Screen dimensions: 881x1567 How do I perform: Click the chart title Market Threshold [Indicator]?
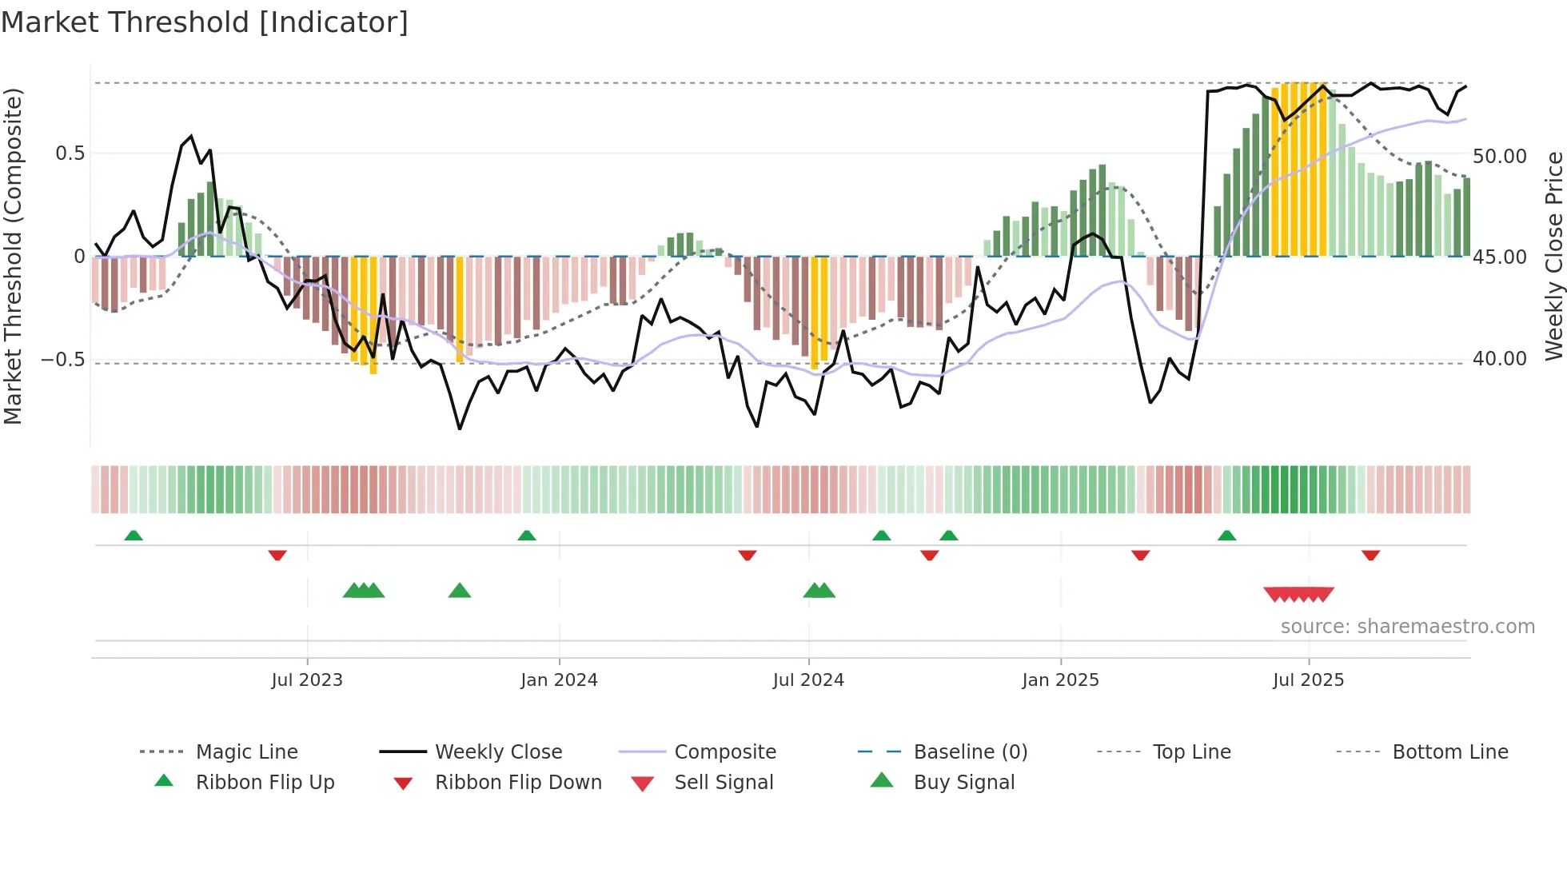pyautogui.click(x=205, y=22)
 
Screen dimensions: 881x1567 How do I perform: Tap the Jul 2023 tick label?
pyautogui.click(x=307, y=680)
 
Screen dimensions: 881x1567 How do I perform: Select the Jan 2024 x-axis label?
pyautogui.click(x=559, y=680)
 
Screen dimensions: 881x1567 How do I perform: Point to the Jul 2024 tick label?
pyautogui.click(x=808, y=680)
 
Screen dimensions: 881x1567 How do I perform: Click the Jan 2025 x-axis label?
pyautogui.click(x=1060, y=680)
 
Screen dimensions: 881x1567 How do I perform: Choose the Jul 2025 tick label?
pyautogui.click(x=1308, y=680)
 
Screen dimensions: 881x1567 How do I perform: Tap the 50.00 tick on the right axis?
pyautogui.click(x=1499, y=157)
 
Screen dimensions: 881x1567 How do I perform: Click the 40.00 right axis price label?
pyautogui.click(x=1499, y=359)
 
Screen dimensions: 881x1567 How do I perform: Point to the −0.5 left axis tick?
pyautogui.click(x=63, y=360)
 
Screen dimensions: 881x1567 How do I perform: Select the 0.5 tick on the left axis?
pyautogui.click(x=70, y=153)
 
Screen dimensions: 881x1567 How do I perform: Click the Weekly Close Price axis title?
pyautogui.click(x=1553, y=256)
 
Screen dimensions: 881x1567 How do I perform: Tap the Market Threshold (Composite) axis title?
pyautogui.click(x=13, y=256)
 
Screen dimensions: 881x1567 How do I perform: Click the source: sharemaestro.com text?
pyautogui.click(x=1407, y=627)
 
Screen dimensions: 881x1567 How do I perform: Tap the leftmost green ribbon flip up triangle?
pyautogui.click(x=134, y=536)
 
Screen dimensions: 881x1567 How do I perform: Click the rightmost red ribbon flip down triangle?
pyautogui.click(x=1370, y=555)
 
